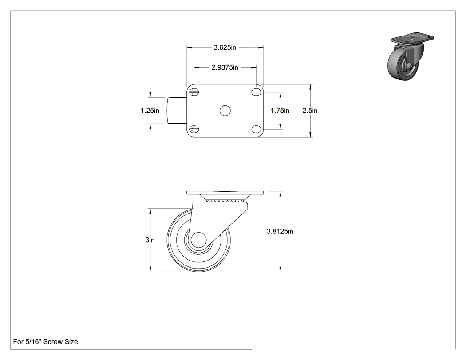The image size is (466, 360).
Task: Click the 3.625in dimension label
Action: tap(225, 47)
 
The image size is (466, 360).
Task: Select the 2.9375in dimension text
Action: tap(225, 68)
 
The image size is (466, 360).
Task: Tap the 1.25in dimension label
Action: tap(150, 111)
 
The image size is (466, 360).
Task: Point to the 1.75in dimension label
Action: tap(280, 111)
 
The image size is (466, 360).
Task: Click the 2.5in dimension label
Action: tap(310, 111)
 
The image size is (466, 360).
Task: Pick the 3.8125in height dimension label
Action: tap(280, 231)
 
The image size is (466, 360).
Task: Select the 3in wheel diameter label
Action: tap(150, 240)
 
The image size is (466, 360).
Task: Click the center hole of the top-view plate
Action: tap(225, 111)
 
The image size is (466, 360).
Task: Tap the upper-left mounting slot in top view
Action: tap(194, 92)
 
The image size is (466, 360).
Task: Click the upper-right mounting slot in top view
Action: tap(256, 92)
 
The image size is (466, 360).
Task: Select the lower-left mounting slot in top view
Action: tap(194, 129)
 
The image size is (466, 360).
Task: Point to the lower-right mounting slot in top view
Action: tap(256, 129)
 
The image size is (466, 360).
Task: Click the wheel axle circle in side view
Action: tap(199, 240)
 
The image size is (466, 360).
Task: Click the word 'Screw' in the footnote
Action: tap(53, 342)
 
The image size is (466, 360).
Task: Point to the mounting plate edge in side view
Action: tap(225, 193)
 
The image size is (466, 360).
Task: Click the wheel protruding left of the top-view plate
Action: tap(177, 111)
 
